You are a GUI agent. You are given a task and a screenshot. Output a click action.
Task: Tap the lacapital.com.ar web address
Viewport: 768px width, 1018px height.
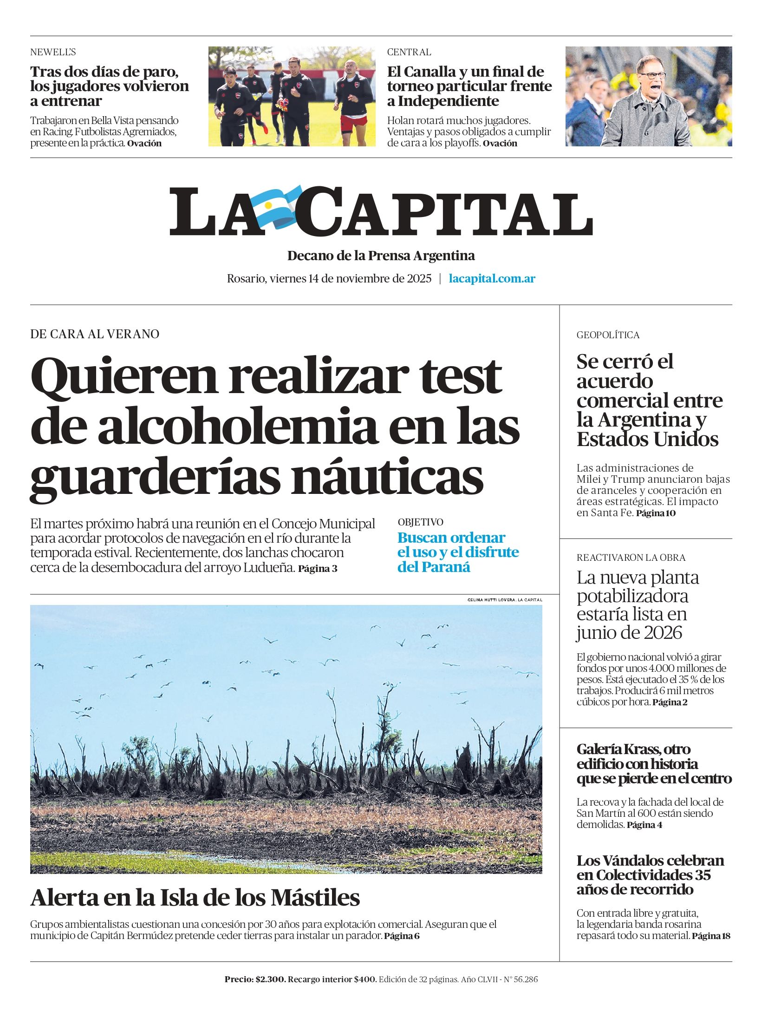[492, 279]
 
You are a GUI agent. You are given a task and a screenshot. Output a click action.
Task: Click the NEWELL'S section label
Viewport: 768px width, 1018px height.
[53, 52]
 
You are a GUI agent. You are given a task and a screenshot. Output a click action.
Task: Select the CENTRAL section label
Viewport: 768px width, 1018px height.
[409, 52]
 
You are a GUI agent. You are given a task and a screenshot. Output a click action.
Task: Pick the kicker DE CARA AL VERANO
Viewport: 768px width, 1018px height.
[94, 334]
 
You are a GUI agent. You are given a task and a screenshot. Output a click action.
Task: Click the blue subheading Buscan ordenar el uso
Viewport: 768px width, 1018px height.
[457, 552]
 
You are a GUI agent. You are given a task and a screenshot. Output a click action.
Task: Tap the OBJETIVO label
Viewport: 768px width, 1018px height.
[420, 522]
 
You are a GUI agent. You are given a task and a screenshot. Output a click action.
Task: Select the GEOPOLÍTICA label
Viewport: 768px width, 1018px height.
[608, 335]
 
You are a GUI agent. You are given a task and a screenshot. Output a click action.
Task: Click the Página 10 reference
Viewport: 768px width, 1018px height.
[656, 513]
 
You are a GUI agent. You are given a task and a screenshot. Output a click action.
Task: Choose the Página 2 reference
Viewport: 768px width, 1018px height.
[670, 702]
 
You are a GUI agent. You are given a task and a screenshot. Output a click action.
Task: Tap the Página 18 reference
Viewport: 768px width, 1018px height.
[711, 936]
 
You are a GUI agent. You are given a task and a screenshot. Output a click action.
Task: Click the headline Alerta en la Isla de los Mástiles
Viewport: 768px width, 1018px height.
[195, 898]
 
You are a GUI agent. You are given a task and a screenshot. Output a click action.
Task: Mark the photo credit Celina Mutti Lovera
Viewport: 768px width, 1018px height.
[504, 600]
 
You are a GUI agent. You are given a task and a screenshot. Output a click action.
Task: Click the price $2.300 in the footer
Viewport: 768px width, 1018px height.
[270, 979]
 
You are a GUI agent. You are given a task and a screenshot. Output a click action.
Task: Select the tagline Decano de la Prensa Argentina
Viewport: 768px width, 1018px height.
[381, 256]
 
